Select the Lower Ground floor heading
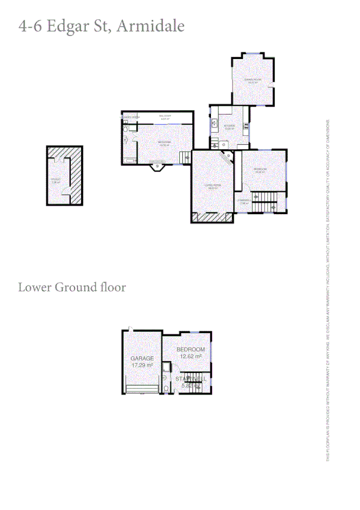pos(72,287)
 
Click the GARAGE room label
pos(142,358)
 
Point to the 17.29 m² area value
pos(142,365)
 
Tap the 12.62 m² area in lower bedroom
pos(190,356)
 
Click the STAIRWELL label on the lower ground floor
pos(191,379)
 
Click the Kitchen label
pos(229,126)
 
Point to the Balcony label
pos(165,116)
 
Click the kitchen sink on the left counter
pos(214,123)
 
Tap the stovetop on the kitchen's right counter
pos(246,126)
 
